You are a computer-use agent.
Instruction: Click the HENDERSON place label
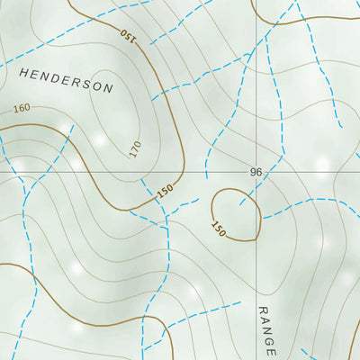67,81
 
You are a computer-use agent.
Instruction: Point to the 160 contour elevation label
22,109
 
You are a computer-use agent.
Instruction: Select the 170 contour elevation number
135,149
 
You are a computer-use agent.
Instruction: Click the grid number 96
256,172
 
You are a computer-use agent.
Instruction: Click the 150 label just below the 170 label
164,191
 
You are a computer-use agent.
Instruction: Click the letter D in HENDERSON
59,79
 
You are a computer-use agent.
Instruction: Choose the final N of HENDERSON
109,90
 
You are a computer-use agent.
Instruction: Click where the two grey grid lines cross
256,172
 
